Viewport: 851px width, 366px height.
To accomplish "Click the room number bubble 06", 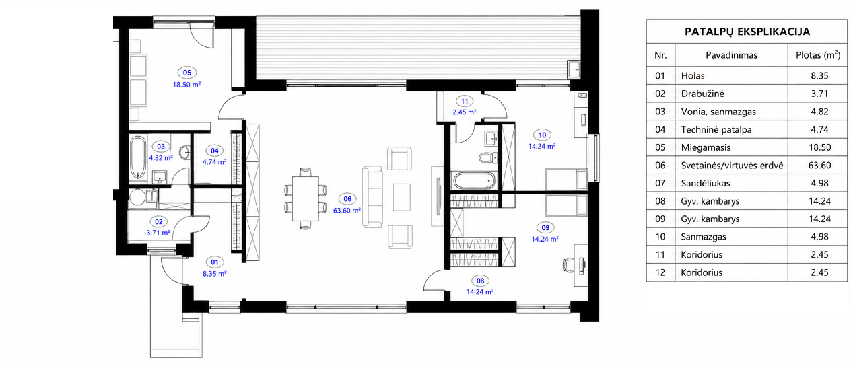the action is coord(347,199).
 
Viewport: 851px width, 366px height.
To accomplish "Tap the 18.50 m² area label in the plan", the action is coord(187,85).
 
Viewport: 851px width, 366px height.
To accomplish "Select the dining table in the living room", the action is coord(306,198).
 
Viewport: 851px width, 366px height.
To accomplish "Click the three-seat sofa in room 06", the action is coord(372,196).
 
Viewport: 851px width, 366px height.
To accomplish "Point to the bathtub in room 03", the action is coord(138,157).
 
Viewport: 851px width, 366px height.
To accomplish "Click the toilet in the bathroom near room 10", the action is coord(489,157).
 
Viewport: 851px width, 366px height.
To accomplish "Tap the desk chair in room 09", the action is coord(568,264).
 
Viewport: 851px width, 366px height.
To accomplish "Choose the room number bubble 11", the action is coord(465,102).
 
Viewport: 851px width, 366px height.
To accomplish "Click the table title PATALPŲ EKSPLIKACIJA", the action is coord(747,32).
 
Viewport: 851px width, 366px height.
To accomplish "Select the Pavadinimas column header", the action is coord(731,55).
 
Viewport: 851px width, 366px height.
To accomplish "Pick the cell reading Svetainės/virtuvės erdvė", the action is coord(732,166).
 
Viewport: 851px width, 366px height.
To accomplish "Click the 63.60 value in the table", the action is coord(820,166).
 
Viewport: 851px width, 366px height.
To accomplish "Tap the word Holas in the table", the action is coord(693,76).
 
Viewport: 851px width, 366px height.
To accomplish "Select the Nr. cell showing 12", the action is coord(660,272).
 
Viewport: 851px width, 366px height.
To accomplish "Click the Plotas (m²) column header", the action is coord(818,55).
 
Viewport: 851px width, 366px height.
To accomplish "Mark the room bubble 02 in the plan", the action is coord(159,222).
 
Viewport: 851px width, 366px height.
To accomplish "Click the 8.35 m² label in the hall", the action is coord(215,274).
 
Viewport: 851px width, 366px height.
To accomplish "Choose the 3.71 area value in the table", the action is coord(819,94).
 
